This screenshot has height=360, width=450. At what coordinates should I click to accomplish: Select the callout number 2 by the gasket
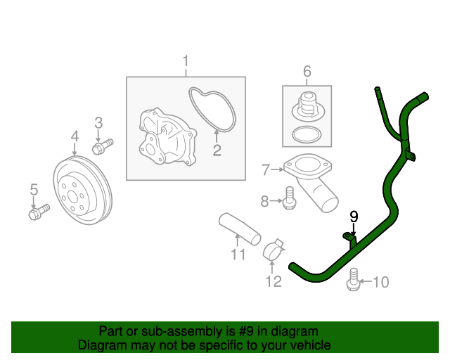click(x=217, y=149)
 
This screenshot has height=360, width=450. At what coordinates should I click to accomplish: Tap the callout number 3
click(x=98, y=123)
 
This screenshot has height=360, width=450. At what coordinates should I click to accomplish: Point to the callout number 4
click(x=74, y=136)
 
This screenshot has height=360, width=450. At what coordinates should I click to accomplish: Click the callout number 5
click(x=32, y=188)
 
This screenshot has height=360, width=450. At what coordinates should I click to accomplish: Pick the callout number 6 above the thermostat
click(x=307, y=71)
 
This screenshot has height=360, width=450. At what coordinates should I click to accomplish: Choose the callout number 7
click(x=265, y=169)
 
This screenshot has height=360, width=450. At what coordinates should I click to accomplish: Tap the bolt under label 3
click(x=102, y=146)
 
